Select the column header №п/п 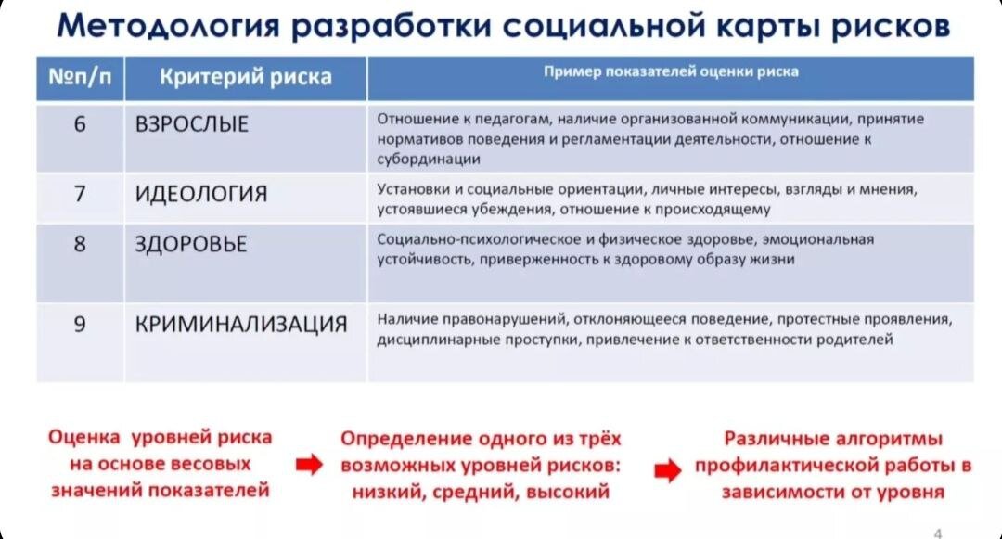tap(80, 77)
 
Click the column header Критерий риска tap(246, 77)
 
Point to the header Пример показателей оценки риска tap(670, 71)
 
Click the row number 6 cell tap(80, 123)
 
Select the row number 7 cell tap(80, 194)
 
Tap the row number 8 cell tap(80, 244)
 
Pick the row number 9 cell tap(80, 324)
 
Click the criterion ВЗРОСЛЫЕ tap(192, 124)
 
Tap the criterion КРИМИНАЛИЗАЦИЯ tap(241, 325)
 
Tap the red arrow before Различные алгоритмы tap(667, 470)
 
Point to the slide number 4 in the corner tap(938, 532)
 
